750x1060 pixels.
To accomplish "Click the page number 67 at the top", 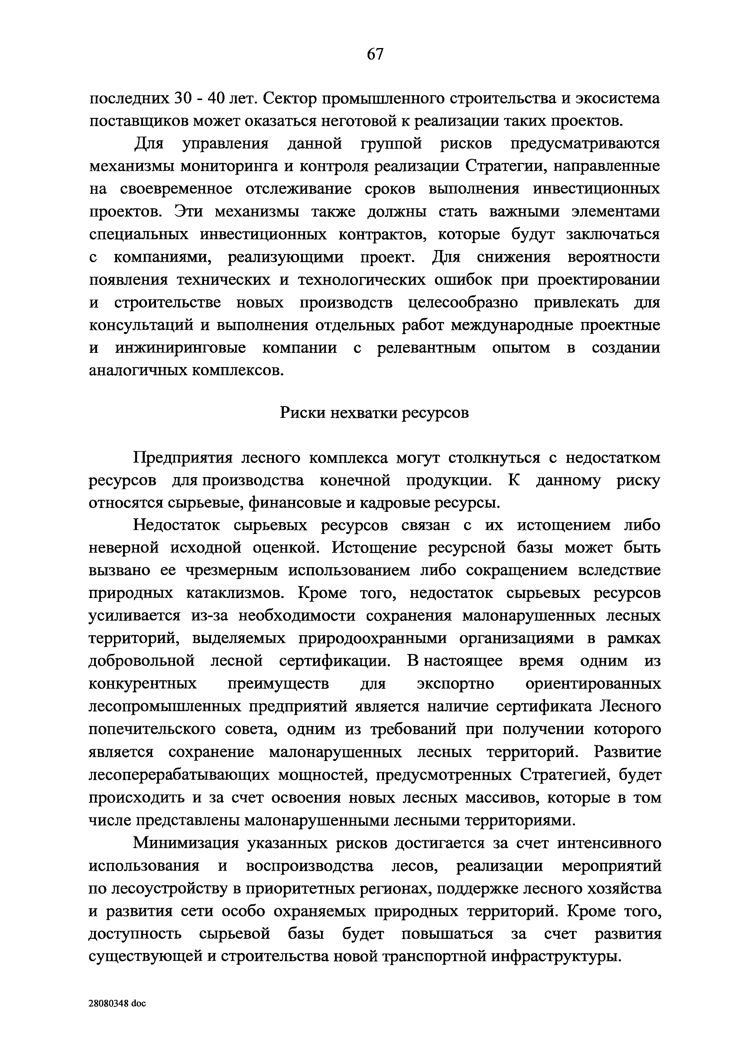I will (375, 54).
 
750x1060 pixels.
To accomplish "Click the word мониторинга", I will (229, 167).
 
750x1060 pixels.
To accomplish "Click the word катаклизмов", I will (233, 593).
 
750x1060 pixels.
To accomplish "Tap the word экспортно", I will (455, 684).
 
